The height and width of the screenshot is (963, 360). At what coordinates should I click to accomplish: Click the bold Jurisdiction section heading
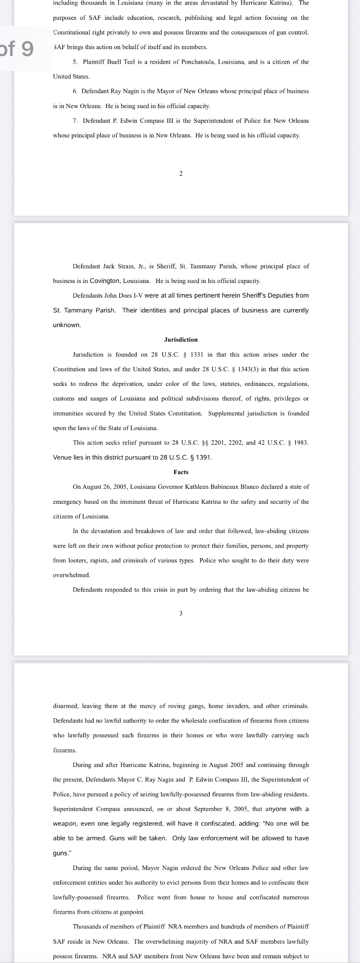181,340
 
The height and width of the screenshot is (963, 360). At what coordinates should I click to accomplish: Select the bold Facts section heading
181,472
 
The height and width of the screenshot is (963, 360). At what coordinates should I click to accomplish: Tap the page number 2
181,174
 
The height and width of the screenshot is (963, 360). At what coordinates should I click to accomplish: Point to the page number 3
181,613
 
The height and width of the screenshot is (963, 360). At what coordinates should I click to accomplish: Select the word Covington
105,281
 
